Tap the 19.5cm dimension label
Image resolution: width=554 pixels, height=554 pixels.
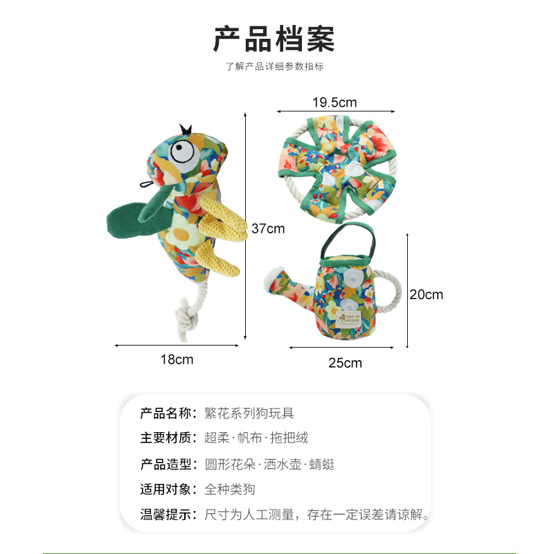334,102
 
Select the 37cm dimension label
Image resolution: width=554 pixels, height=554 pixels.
267,229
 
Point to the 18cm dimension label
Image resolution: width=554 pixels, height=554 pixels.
177,359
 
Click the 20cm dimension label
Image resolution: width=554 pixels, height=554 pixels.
425,294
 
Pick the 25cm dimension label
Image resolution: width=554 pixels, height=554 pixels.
345,363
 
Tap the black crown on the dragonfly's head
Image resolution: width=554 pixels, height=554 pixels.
186,129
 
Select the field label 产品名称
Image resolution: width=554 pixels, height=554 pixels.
166,413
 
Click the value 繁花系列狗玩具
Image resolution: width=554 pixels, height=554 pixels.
249,413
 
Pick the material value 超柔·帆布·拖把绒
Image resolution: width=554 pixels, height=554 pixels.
256,438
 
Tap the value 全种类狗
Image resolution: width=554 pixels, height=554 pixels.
230,490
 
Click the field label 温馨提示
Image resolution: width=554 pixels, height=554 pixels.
166,515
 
